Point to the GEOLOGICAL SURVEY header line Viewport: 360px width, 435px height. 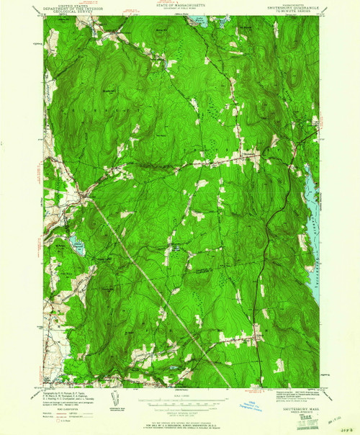click(x=62, y=12)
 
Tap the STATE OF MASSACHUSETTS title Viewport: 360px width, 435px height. click(x=180, y=4)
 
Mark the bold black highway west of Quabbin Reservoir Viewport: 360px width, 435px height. click(x=274, y=216)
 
